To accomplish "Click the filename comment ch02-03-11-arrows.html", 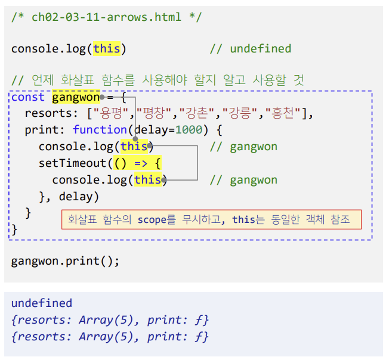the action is pos(107,16).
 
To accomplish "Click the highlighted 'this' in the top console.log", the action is pos(106,49).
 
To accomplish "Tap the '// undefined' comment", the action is pos(250,49).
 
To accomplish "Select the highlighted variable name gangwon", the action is pos(76,97).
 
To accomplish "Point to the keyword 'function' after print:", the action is pos(100,130).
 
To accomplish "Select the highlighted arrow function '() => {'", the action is pos(137,163).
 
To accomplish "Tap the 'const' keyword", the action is pos(28,97).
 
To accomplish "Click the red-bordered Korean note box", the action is pos(211,219).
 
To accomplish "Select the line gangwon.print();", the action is pos(66,261).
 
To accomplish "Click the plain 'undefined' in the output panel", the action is pos(42,303).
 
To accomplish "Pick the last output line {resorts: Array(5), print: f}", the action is pos(110,336).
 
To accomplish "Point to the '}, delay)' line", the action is pos(69,196).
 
